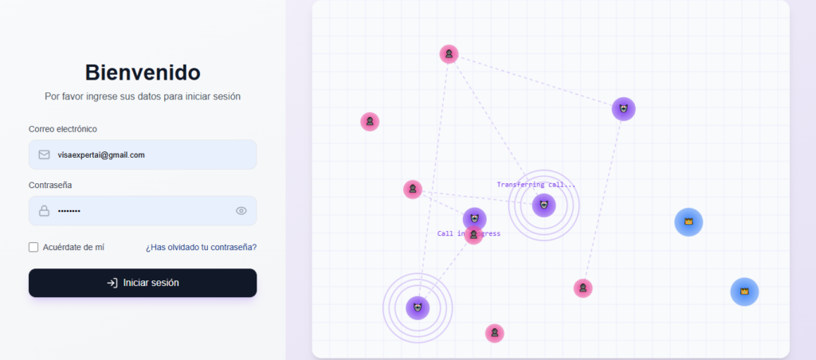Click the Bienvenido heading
143,72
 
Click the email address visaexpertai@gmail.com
101,155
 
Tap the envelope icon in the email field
45,155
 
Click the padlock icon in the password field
45,211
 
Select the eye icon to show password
241,211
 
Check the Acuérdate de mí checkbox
33,247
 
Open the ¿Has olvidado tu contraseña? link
201,247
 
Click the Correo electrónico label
62,129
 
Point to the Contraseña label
50,186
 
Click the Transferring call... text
536,185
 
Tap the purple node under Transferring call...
543,205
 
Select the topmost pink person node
449,54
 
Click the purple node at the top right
623,109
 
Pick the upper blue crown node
688,222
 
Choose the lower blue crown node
744,292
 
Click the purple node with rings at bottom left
418,308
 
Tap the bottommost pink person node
494,333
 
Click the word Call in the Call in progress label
445,233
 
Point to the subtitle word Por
52,96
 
